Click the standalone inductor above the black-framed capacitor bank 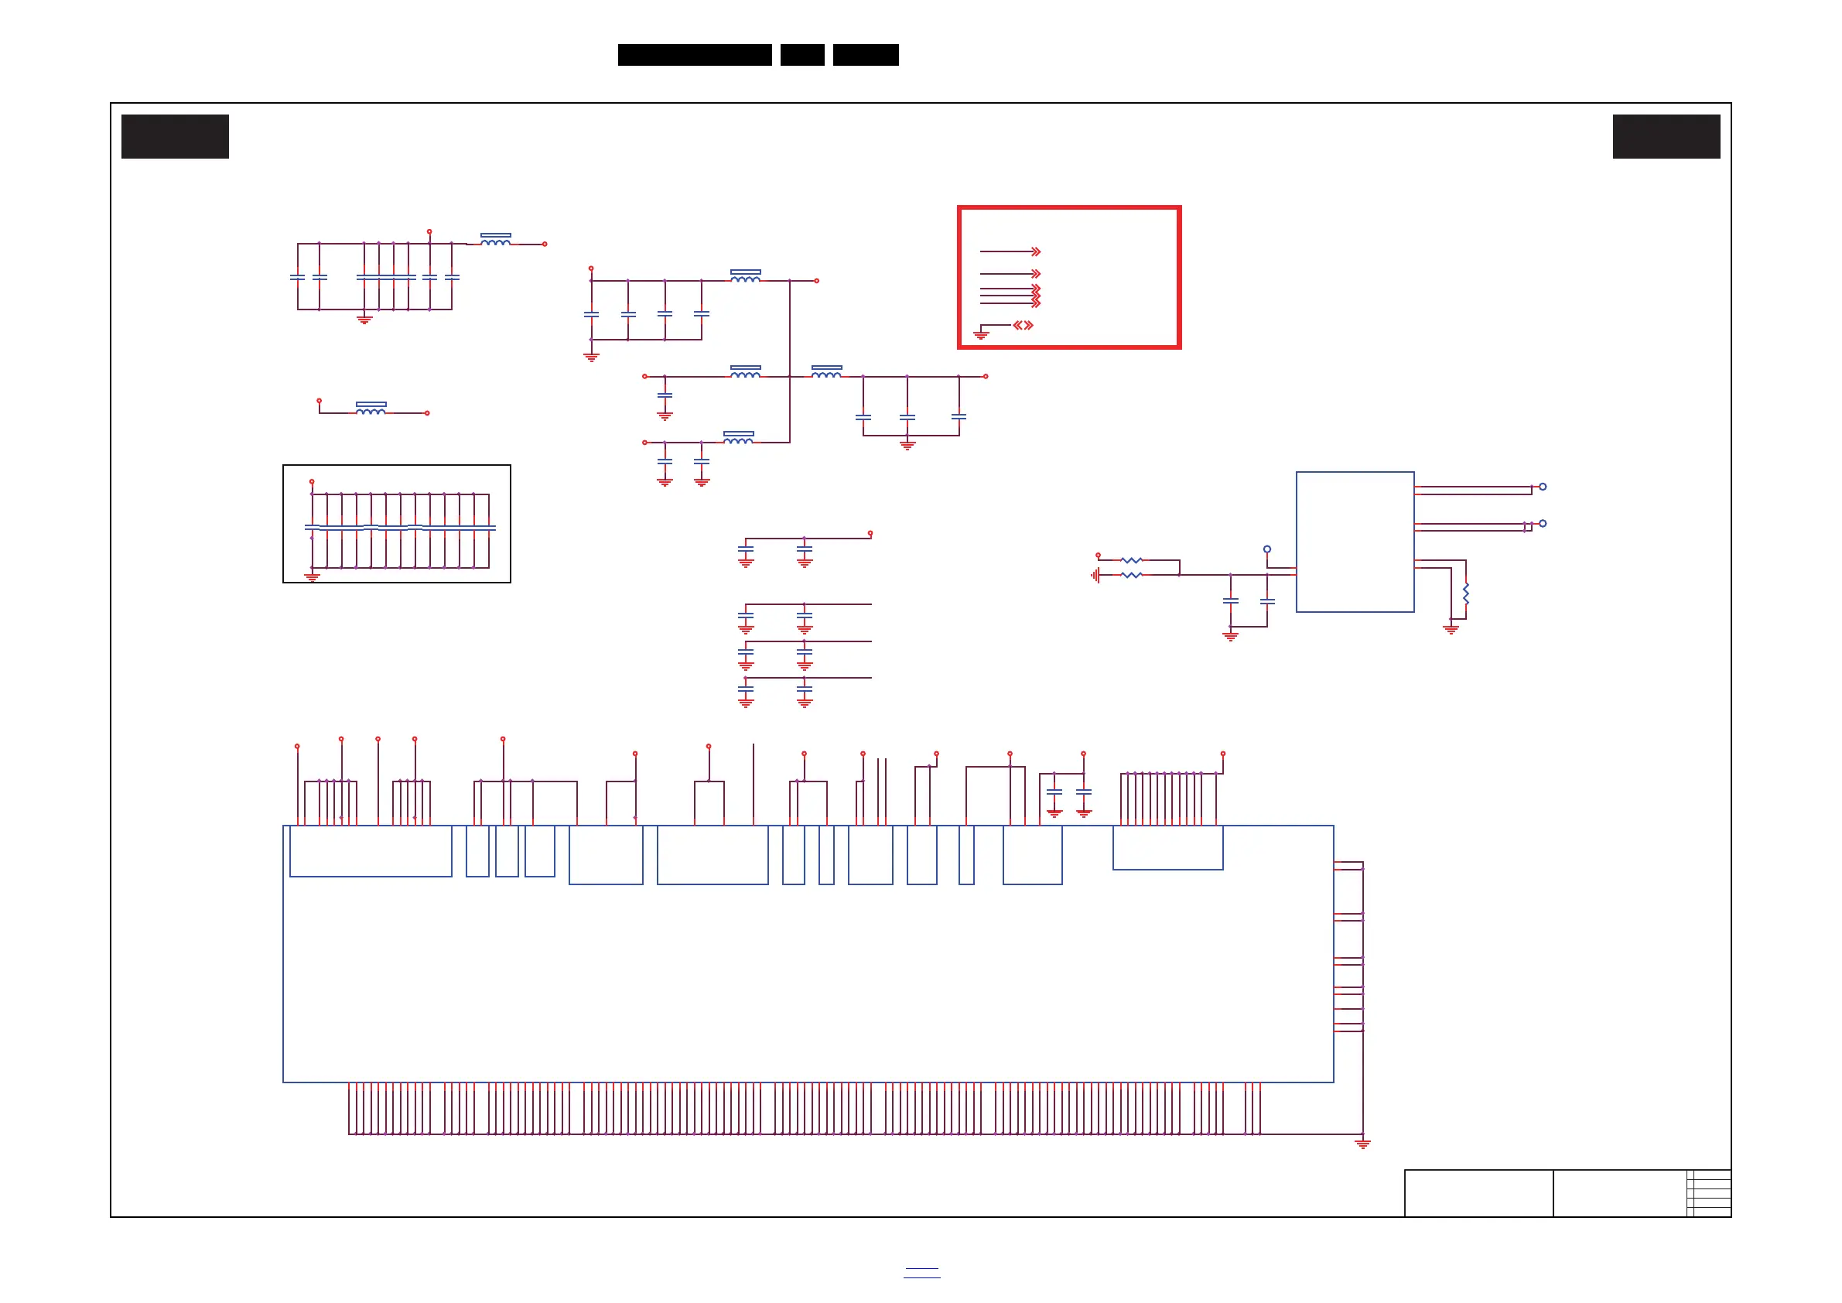click(x=371, y=409)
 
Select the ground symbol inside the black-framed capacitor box click(x=312, y=576)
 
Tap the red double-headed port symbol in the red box click(x=1023, y=325)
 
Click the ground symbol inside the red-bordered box click(x=980, y=333)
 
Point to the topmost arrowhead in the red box click(x=1036, y=252)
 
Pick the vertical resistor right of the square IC click(x=1466, y=594)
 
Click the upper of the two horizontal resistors click(x=1131, y=560)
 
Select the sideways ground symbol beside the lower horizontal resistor click(x=1094, y=575)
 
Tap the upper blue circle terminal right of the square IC click(x=1543, y=487)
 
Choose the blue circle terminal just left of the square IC click(x=1266, y=549)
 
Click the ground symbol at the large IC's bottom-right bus click(x=1362, y=1144)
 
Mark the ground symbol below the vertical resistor click(x=1451, y=629)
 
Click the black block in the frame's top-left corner click(x=175, y=136)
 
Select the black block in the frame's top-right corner click(x=1666, y=136)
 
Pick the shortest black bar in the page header click(x=802, y=55)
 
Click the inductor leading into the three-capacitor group click(x=826, y=371)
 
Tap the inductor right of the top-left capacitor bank click(x=496, y=239)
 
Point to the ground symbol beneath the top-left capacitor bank click(x=364, y=320)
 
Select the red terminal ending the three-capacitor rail click(x=985, y=376)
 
